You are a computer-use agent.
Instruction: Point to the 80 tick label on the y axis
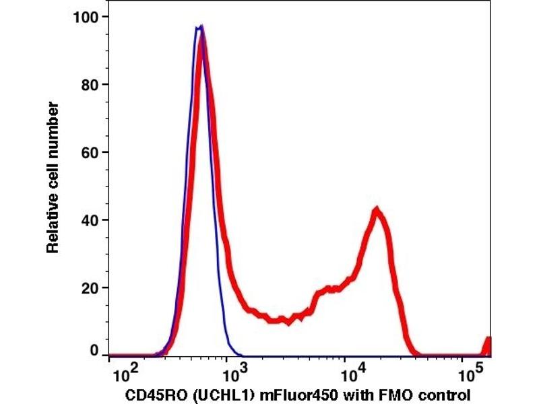[92, 85]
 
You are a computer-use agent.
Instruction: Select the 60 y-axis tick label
[92, 152]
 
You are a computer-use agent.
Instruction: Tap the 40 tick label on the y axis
[92, 220]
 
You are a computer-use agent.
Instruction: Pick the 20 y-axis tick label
[92, 288]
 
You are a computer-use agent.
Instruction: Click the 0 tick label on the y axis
[95, 351]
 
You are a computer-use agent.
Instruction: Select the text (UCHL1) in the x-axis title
[208, 393]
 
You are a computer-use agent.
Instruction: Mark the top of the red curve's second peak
[377, 211]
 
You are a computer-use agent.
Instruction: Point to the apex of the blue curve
[200, 26]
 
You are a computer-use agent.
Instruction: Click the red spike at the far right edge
[488, 345]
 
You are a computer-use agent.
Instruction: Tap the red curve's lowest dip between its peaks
[288, 321]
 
